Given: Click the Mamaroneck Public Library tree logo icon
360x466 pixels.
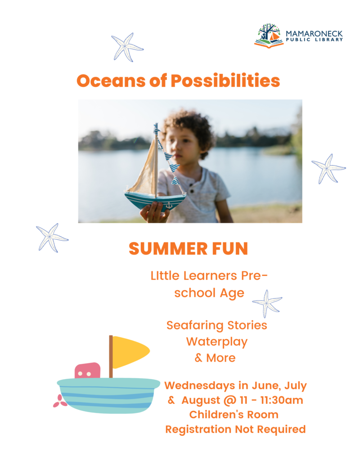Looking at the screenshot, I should click(x=269, y=36).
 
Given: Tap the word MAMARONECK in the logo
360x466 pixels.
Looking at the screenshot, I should click(x=314, y=33).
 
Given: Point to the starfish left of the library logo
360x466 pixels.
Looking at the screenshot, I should click(x=127, y=47).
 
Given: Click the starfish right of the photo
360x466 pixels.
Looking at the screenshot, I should click(x=328, y=168).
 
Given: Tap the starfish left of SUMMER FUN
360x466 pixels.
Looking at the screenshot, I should click(x=52, y=237).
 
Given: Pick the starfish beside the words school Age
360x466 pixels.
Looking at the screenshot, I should click(x=267, y=303).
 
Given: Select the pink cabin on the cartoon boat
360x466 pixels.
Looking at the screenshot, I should click(x=87, y=371).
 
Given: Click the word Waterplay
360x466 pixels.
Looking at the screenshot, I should click(x=216, y=341).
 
